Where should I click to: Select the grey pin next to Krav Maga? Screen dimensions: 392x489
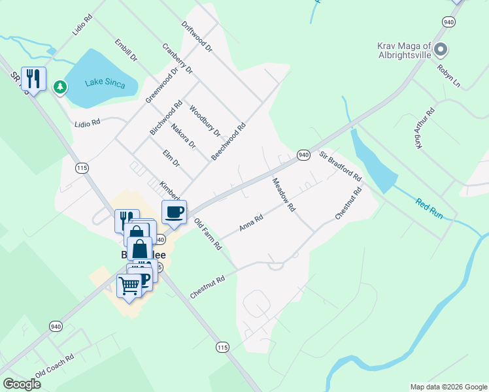pos(441,48)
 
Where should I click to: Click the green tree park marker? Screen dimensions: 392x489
pos(60,86)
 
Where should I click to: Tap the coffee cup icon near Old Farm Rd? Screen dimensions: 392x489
pos(174,212)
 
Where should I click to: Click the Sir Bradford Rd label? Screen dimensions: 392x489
pos(340,166)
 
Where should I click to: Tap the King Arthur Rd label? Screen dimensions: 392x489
pos(425,129)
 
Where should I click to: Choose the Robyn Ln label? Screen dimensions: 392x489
pos(449,76)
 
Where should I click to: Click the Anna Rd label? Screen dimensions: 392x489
pos(251,223)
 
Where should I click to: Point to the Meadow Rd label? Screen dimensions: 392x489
pos(284,195)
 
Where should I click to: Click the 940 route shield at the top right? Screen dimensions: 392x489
pos(448,22)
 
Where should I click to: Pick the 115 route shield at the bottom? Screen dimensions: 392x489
pos(223,346)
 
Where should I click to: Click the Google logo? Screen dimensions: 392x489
pos(22,384)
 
